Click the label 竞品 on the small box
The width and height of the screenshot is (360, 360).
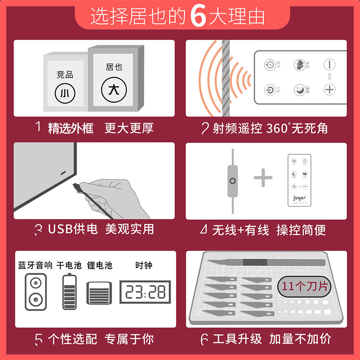[65, 75]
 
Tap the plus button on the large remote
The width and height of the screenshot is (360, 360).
[330, 89]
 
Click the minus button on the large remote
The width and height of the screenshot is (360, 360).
[330, 64]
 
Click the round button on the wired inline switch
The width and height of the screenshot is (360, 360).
[233, 181]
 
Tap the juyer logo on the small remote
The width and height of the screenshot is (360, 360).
[299, 197]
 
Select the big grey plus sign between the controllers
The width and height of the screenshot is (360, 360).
[263, 179]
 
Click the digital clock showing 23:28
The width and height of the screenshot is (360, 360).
[145, 292]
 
